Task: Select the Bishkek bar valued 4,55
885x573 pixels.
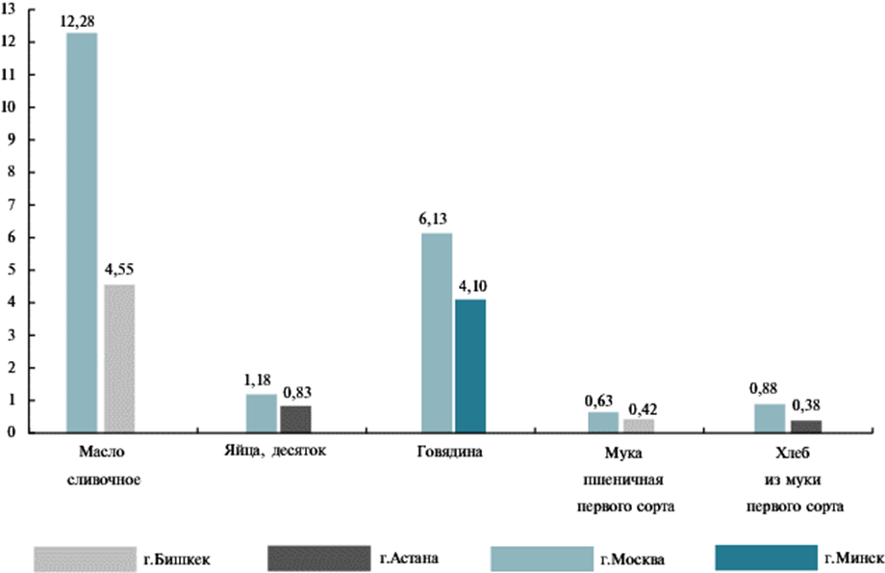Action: (x=118, y=358)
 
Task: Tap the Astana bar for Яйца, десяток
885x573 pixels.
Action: (x=295, y=419)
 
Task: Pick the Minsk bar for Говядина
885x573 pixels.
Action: (x=470, y=366)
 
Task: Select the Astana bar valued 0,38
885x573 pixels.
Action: (x=806, y=427)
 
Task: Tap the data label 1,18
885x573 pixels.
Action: (x=262, y=383)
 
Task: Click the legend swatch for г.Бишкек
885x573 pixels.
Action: (x=85, y=558)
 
